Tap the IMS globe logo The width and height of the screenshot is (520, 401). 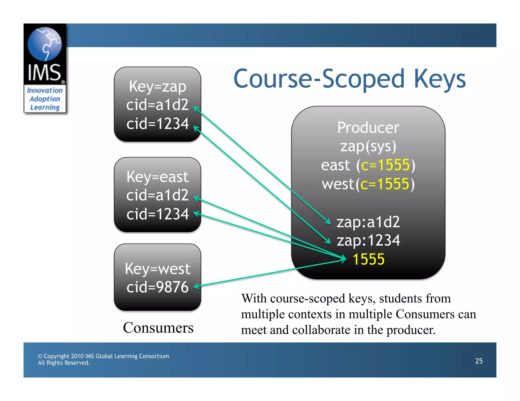pos(44,44)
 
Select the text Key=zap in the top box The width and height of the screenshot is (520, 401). pos(157,86)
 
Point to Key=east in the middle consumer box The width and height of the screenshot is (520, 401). pos(157,177)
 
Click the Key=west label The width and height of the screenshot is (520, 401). pos(157,269)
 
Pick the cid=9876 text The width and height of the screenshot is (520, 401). pos(157,287)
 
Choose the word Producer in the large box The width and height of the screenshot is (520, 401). pos(368,127)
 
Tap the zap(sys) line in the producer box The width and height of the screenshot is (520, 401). pos(368,147)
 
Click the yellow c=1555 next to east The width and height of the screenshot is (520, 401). pos(385,165)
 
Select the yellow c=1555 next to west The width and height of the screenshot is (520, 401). pos(385,184)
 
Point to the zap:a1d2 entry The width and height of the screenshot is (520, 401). pos(368,222)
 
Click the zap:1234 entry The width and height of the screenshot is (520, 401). pos(368,240)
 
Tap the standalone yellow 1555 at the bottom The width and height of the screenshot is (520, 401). pos(368,259)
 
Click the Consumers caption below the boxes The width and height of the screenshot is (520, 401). pos(158,327)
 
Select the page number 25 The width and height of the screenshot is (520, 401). pos(479,361)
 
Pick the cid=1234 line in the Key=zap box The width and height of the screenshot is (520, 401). pos(157,124)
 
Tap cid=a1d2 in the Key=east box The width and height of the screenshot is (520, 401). pos(157,195)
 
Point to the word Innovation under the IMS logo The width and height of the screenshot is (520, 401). pos(45,90)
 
